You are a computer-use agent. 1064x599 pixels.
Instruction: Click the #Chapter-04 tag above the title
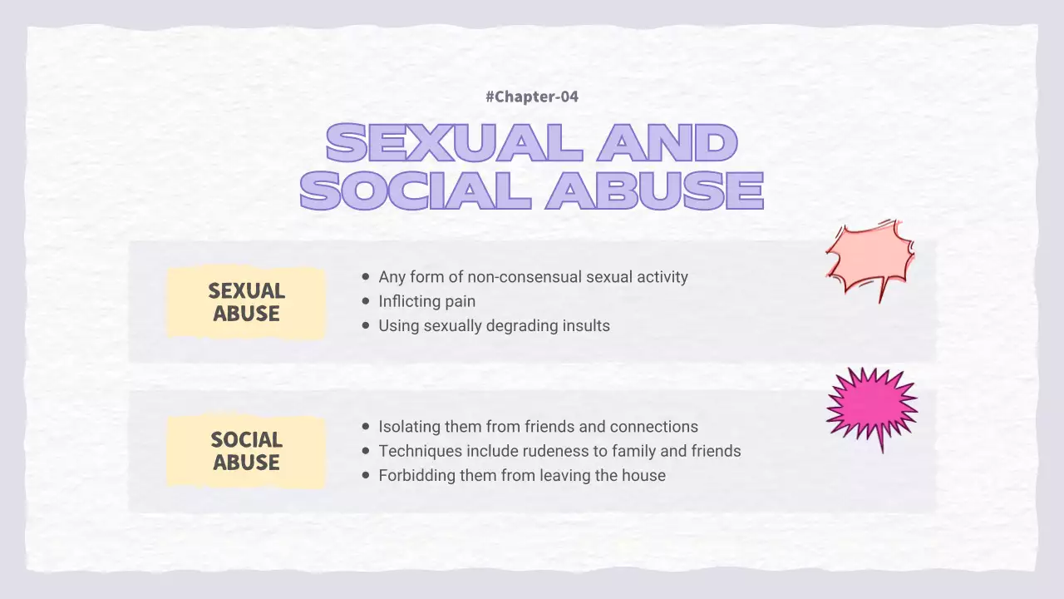532,97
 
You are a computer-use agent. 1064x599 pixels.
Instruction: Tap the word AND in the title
667,142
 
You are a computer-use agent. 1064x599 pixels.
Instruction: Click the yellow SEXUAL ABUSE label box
246,302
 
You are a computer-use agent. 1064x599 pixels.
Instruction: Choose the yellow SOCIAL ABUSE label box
246,451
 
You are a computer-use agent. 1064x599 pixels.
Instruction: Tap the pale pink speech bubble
869,257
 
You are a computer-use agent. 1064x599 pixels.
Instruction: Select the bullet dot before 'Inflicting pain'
366,301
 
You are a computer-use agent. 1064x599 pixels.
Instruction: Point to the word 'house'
643,476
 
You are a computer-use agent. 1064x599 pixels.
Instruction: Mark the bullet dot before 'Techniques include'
366,451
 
